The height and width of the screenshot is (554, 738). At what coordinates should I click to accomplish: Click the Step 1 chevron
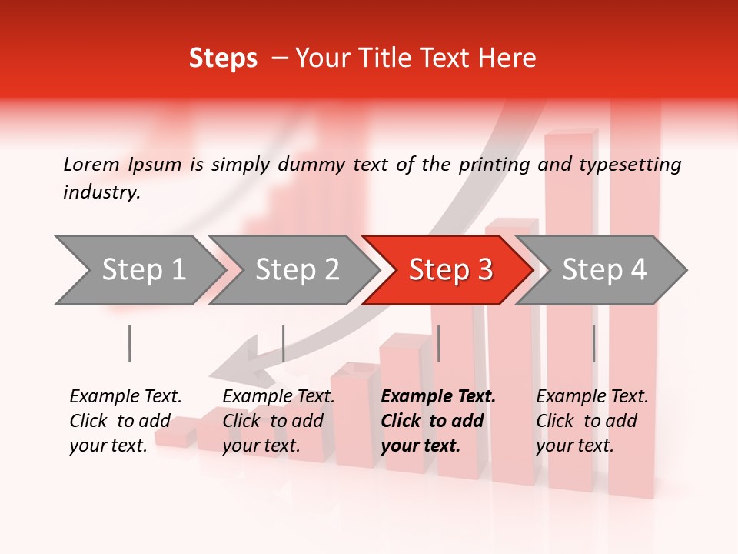pos(138,270)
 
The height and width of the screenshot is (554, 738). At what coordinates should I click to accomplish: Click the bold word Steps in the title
pos(223,58)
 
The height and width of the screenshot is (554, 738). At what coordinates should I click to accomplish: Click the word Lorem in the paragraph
pos(91,164)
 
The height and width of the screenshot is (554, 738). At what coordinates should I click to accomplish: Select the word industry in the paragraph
pos(101,192)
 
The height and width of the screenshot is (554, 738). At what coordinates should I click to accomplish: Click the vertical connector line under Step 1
pos(130,343)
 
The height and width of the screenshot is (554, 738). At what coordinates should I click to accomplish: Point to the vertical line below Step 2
pos(284,343)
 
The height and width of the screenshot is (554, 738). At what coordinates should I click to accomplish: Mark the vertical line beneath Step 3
pos(439,343)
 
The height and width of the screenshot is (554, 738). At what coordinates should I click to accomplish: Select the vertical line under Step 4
pos(594,343)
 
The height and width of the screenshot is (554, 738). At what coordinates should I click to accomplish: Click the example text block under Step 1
pos(125,421)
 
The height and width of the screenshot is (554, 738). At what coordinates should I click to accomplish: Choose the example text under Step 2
pos(278,421)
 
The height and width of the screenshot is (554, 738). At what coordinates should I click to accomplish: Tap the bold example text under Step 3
pos(438,421)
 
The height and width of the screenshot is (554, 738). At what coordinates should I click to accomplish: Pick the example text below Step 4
pos(592,421)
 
